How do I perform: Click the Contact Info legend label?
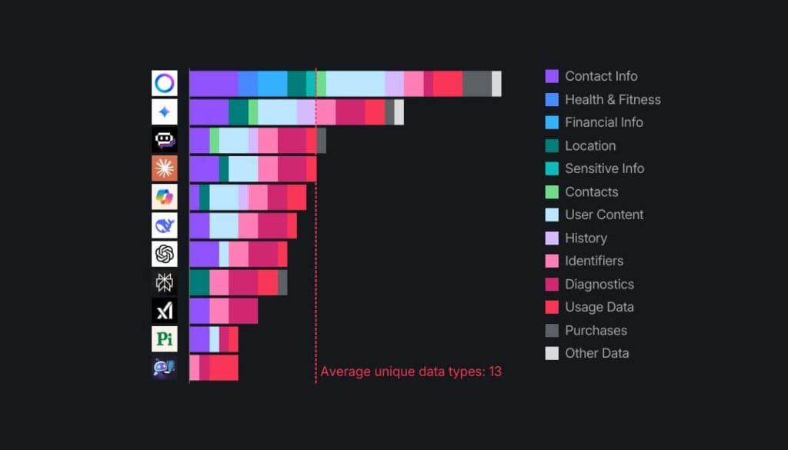(600, 76)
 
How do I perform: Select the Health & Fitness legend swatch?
(552, 99)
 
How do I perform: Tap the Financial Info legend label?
(603, 122)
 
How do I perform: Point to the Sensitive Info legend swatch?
(552, 168)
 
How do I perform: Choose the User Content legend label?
(603, 215)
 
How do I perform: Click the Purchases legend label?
(596, 330)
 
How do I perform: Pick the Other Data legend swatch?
(552, 353)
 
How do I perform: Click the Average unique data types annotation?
(411, 372)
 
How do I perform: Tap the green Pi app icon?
(164, 339)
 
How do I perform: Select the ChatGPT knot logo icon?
(164, 254)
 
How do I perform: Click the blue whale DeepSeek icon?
(164, 225)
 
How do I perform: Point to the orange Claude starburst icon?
(164, 168)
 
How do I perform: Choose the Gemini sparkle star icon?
(164, 112)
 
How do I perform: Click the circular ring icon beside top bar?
(164, 83)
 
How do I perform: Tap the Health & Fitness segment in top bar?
(248, 83)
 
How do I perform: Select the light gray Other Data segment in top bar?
(496, 83)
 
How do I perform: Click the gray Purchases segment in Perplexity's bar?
(282, 282)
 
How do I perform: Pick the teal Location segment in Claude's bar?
(224, 168)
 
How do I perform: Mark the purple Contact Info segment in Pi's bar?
(199, 339)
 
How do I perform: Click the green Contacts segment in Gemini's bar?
(253, 112)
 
